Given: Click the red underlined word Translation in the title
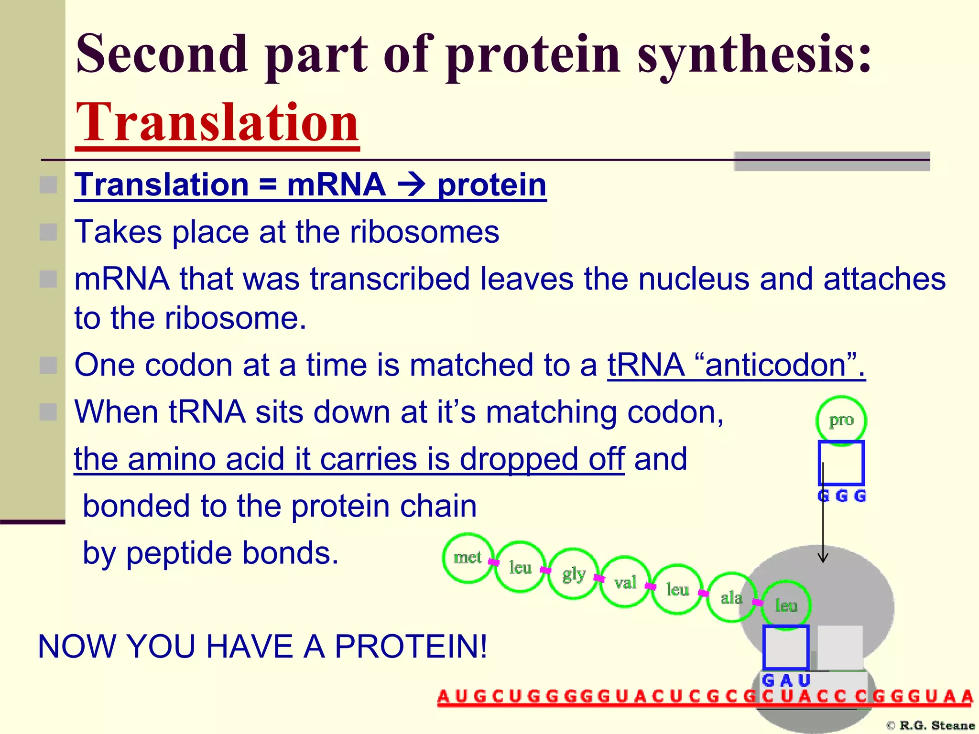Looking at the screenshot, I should click(x=218, y=123).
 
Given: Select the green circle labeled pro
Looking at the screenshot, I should click(x=841, y=420).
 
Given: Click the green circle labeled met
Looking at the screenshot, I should click(x=468, y=558).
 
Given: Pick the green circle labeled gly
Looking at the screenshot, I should click(x=573, y=574).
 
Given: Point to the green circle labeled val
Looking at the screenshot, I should click(x=625, y=582).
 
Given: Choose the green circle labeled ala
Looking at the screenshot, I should click(x=731, y=597).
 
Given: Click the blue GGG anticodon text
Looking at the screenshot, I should click(x=842, y=496).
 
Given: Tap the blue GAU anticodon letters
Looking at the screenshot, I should click(x=786, y=680).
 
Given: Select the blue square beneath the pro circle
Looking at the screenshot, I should click(x=841, y=463).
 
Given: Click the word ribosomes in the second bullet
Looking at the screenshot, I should click(x=424, y=232).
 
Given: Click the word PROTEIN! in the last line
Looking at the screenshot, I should click(x=411, y=647).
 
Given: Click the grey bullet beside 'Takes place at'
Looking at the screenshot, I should click(x=48, y=232).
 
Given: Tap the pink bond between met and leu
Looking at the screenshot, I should click(x=494, y=562).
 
